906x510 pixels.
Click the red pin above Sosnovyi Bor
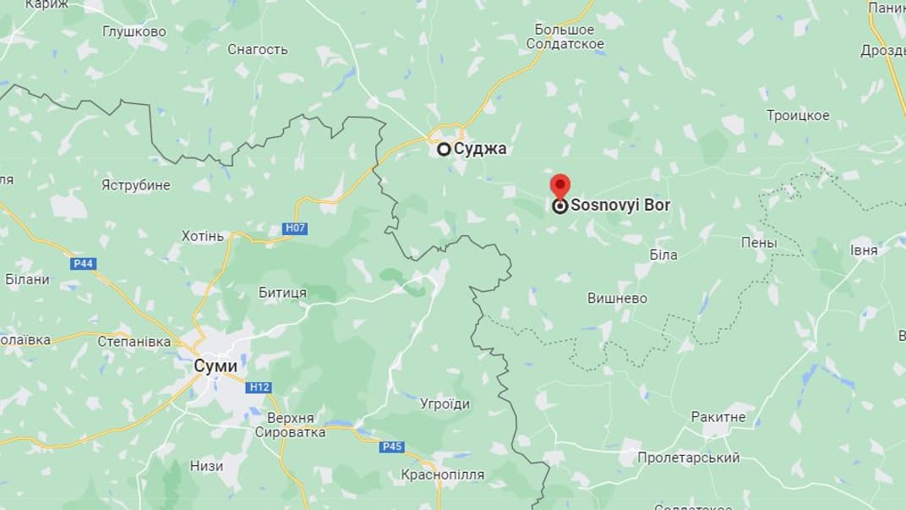tap(559, 185)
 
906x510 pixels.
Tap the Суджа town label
tap(480, 149)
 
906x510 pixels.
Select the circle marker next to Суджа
tap(444, 149)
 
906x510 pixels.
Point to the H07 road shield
tap(295, 228)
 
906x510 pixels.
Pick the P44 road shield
tap(83, 264)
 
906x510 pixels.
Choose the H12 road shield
tap(259, 387)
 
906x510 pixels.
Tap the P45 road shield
tap(392, 447)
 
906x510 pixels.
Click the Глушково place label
tap(134, 31)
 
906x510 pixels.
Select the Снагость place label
tap(258, 49)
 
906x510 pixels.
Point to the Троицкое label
tap(798, 115)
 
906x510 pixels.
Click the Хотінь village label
tap(203, 236)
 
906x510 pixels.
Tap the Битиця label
tap(283, 293)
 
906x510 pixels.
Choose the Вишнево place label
tap(617, 298)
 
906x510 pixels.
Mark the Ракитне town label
tap(718, 417)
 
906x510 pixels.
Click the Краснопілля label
tap(444, 474)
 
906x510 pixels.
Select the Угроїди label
tap(445, 403)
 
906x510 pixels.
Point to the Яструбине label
tap(135, 184)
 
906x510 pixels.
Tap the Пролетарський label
tap(688, 458)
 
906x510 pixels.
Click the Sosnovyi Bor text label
tap(620, 205)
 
